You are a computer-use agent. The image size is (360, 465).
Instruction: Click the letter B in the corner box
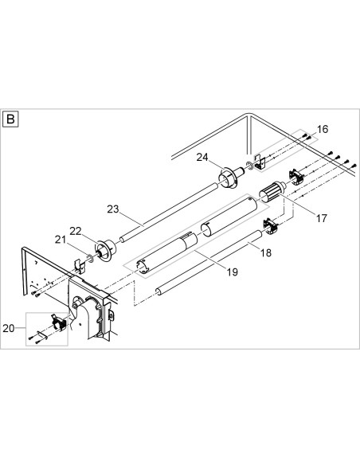(10, 119)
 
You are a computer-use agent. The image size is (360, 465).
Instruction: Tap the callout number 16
(323, 129)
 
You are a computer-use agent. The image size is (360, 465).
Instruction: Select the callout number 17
(322, 218)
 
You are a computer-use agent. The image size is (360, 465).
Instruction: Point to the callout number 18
(266, 252)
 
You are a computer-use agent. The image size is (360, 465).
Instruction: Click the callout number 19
(233, 272)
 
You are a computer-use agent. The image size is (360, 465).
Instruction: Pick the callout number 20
(9, 328)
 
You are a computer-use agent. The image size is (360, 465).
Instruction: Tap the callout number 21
(61, 240)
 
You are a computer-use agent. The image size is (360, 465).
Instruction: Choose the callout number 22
(76, 231)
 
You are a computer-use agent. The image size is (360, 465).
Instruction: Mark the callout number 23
(113, 209)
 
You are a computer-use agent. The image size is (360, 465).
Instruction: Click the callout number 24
(202, 157)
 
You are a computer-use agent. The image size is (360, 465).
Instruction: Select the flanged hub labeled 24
(231, 177)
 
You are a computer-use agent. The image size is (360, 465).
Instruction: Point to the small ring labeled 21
(90, 258)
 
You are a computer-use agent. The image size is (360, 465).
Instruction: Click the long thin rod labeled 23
(167, 213)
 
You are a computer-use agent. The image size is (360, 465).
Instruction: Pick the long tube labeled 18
(209, 263)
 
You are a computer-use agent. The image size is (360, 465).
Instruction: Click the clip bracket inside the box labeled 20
(59, 323)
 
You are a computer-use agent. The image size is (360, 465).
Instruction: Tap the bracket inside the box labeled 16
(259, 162)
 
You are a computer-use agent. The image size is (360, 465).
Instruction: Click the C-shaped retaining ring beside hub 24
(248, 166)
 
